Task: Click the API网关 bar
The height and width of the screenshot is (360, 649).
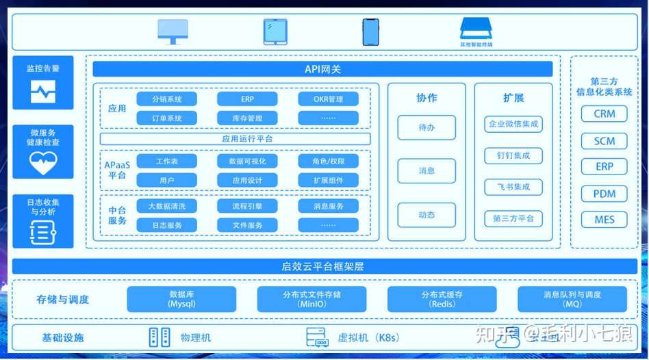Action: point(322,69)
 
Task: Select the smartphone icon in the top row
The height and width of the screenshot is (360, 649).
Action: point(370,31)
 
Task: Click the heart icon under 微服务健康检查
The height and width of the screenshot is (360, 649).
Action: point(42,162)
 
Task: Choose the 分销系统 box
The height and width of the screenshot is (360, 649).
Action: point(167,99)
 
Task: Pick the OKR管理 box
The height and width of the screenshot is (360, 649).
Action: point(328,99)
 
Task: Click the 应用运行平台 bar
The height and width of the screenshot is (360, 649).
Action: point(235,139)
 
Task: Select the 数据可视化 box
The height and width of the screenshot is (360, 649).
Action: point(247,162)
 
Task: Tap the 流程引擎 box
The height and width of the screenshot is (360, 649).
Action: point(247,206)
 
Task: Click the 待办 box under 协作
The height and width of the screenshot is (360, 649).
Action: point(427,128)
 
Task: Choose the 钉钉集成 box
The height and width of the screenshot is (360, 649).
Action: point(513,155)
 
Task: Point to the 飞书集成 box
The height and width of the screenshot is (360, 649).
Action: point(513,187)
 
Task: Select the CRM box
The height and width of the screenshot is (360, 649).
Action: point(604,114)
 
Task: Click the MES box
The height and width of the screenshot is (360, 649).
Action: point(604,220)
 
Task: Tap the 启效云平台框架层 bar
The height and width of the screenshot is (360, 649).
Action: point(324,266)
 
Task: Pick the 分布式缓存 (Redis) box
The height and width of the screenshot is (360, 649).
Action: point(442,299)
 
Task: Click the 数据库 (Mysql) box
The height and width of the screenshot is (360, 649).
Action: point(181,299)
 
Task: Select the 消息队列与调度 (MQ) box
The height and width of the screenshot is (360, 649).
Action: point(572,299)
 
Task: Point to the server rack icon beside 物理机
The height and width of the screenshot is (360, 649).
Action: point(158,337)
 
